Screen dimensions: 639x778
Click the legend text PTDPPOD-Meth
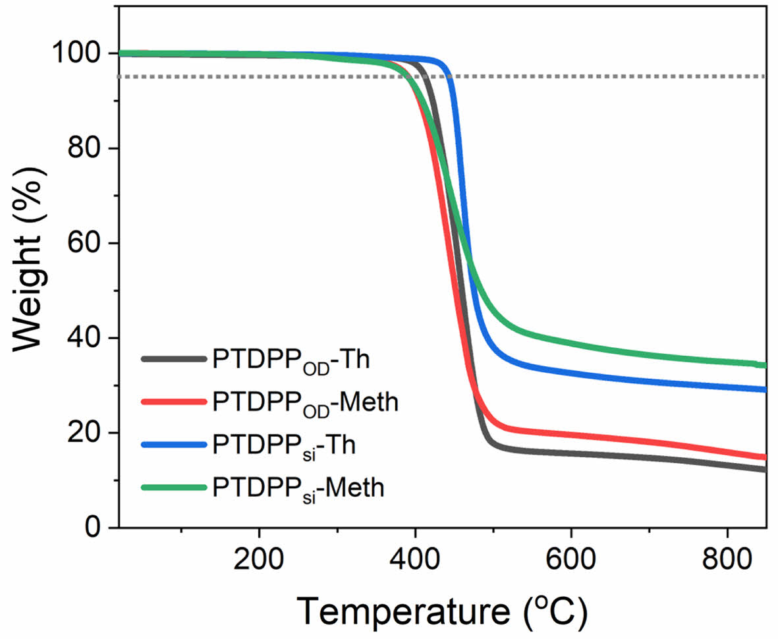coord(305,402)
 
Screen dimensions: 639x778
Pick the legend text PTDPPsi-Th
coord(284,445)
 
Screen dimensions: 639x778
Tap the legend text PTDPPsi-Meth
coord(298,487)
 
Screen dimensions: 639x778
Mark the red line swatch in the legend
coord(173,401)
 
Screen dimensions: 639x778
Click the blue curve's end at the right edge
coord(764,389)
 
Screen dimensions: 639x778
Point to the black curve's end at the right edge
coord(764,469)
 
